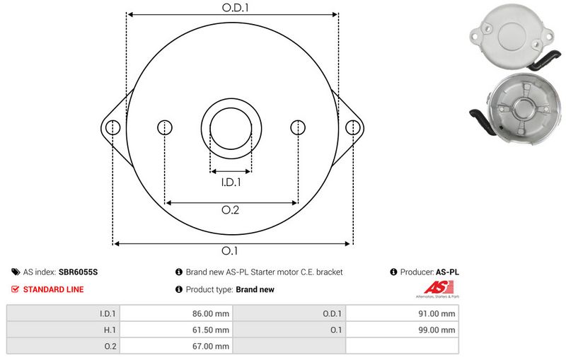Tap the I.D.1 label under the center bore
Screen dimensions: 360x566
click(231, 182)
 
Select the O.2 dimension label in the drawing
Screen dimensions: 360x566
click(231, 210)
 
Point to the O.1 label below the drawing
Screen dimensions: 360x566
click(231, 251)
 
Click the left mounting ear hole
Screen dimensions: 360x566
click(112, 127)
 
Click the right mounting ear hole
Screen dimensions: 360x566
click(352, 127)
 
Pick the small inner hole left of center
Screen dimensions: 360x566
click(164, 127)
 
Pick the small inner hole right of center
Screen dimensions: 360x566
click(299, 127)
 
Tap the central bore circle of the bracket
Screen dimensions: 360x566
click(231, 128)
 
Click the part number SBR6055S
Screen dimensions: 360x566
click(79, 272)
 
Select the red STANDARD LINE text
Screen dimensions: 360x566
click(53, 289)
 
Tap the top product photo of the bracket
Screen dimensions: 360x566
click(510, 34)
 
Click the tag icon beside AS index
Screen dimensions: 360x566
click(16, 272)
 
